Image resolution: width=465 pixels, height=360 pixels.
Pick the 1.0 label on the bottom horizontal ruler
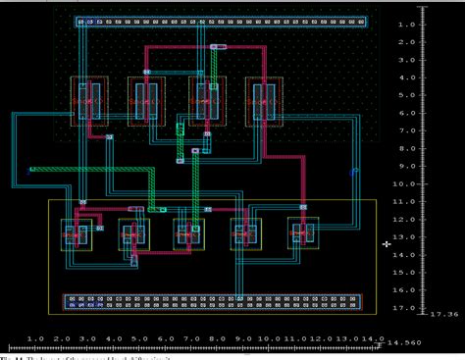33,338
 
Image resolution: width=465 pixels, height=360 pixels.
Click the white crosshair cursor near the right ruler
387,243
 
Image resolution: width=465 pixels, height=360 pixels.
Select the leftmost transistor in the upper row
89,101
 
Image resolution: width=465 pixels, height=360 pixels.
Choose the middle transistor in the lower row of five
187,234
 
